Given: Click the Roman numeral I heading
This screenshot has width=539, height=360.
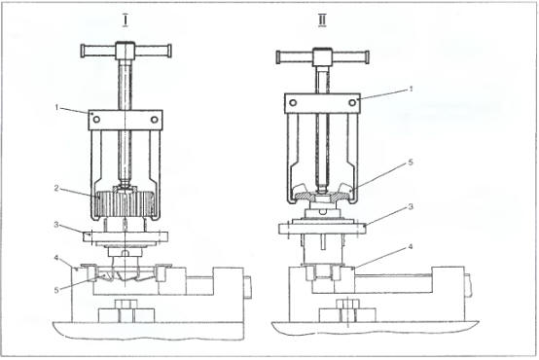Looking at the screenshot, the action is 126,20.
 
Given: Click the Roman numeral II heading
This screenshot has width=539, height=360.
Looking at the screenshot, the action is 322,20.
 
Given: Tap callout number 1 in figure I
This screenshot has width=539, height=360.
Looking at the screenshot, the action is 57,108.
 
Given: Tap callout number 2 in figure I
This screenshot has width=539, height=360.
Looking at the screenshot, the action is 56,188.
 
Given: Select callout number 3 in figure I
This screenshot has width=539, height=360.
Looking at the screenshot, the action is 56,225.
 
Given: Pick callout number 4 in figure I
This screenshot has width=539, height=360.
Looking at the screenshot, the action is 56,258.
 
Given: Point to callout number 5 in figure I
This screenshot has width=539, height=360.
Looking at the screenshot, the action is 56,291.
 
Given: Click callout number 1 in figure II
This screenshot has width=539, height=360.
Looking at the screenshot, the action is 411,90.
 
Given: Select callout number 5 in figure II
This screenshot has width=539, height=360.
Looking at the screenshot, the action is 411,162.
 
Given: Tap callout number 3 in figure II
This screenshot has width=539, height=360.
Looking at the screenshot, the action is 411,206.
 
